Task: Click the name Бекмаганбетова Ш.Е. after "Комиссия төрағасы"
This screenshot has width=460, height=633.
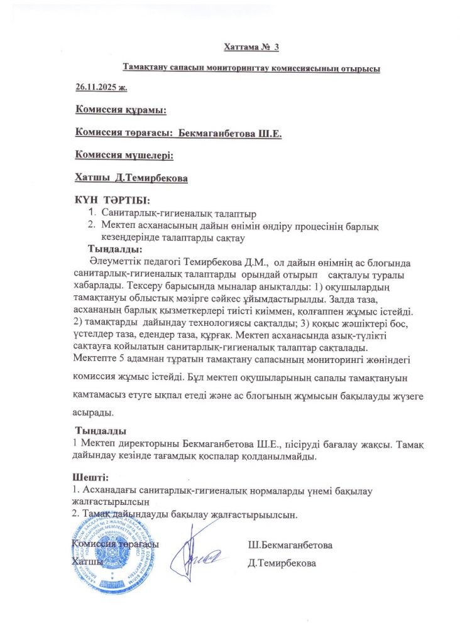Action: [231, 133]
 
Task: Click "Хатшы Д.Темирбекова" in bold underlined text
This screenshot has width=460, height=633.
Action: [131, 178]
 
